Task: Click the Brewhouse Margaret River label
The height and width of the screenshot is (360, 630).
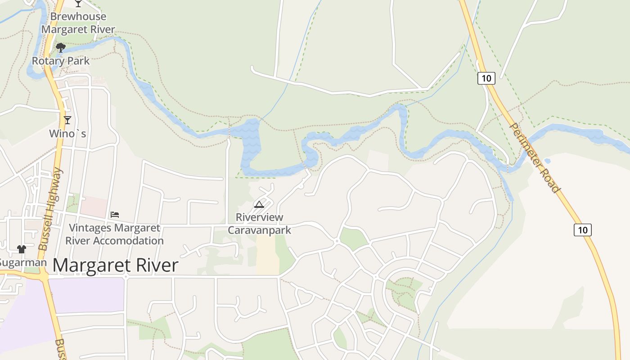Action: pyautogui.click(x=78, y=23)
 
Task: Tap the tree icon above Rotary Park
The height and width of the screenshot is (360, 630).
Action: pyautogui.click(x=61, y=47)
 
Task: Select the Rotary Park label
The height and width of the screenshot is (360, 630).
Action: pyautogui.click(x=61, y=60)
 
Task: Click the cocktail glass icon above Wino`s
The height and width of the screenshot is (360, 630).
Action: pyautogui.click(x=67, y=120)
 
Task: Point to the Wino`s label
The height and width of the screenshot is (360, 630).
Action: pyautogui.click(x=67, y=134)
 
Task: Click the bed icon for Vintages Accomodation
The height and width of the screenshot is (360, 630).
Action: pyautogui.click(x=115, y=215)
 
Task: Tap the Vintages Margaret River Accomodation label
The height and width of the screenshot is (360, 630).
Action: pyautogui.click(x=114, y=234)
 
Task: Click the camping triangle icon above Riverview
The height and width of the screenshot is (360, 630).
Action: pyautogui.click(x=259, y=205)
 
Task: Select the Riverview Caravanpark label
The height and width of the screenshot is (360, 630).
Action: pyautogui.click(x=260, y=224)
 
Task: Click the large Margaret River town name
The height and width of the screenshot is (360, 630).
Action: pyautogui.click(x=116, y=265)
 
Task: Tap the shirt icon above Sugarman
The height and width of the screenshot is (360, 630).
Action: pyautogui.click(x=21, y=249)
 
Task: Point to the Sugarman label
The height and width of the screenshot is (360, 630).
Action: pyautogui.click(x=22, y=262)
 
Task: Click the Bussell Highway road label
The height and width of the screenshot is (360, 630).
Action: pyautogui.click(x=50, y=209)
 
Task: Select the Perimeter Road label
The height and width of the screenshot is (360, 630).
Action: pyautogui.click(x=535, y=157)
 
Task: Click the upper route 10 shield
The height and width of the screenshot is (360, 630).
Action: pyautogui.click(x=486, y=78)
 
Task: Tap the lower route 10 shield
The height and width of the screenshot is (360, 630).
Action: pyautogui.click(x=582, y=230)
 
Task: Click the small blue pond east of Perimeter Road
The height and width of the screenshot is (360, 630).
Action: pyautogui.click(x=547, y=161)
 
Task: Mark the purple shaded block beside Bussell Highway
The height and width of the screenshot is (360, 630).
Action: pyautogui.click(x=85, y=295)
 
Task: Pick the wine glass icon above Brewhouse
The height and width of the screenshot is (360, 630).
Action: pyautogui.click(x=78, y=4)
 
